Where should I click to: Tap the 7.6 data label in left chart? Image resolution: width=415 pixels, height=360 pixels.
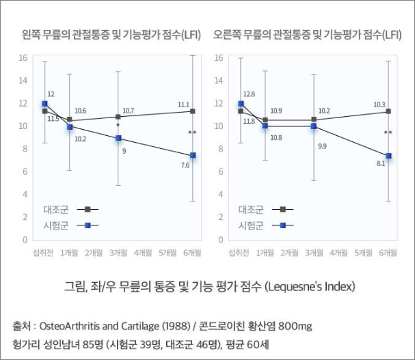point(185,165)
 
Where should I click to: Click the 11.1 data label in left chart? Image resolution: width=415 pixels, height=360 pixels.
point(183,105)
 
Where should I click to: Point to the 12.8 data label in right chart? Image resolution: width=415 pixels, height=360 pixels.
point(249,94)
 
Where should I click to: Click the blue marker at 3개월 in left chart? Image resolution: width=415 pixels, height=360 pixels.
point(118,138)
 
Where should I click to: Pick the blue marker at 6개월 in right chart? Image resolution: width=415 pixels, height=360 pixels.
point(388,156)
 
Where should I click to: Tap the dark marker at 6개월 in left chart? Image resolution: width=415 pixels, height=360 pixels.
point(193,111)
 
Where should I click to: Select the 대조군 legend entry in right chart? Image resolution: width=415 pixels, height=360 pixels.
point(263,210)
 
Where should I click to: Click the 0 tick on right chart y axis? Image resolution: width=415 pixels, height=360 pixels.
point(220,240)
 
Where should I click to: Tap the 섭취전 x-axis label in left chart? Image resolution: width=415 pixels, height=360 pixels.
point(44,253)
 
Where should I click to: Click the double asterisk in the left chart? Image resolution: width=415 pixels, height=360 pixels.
point(192,133)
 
